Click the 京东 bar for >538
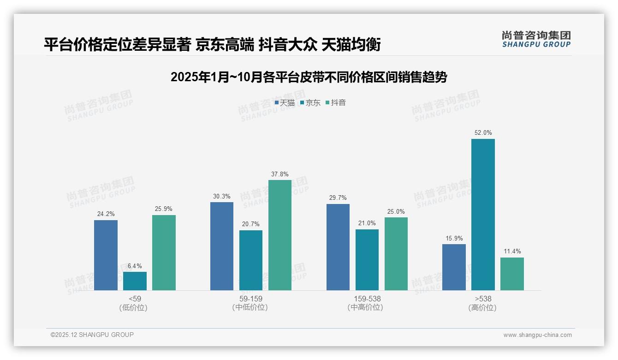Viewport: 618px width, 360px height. (x=483, y=215)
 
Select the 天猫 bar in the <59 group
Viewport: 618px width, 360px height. (x=106, y=255)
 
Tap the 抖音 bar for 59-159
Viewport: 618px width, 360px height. (x=280, y=235)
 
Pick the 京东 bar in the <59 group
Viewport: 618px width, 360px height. (x=135, y=281)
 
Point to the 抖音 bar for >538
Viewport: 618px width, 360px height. (x=512, y=274)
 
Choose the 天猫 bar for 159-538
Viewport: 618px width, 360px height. (x=338, y=247)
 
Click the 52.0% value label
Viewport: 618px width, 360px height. (x=483, y=133)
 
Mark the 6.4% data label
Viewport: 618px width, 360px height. (x=135, y=266)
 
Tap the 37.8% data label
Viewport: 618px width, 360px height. (x=280, y=174)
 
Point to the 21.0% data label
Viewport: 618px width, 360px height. (x=367, y=223)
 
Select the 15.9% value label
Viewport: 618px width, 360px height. (x=454, y=238)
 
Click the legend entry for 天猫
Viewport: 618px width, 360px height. (x=285, y=103)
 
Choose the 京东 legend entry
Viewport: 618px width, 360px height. (x=310, y=103)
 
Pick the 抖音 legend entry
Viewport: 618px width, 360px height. (x=336, y=103)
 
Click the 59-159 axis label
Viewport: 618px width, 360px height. (x=251, y=299)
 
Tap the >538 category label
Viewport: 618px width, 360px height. (x=483, y=299)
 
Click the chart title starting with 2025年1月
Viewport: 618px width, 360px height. (x=309, y=77)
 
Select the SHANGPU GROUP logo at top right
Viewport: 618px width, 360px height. (x=536, y=39)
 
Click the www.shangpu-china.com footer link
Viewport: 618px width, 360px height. (x=537, y=335)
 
